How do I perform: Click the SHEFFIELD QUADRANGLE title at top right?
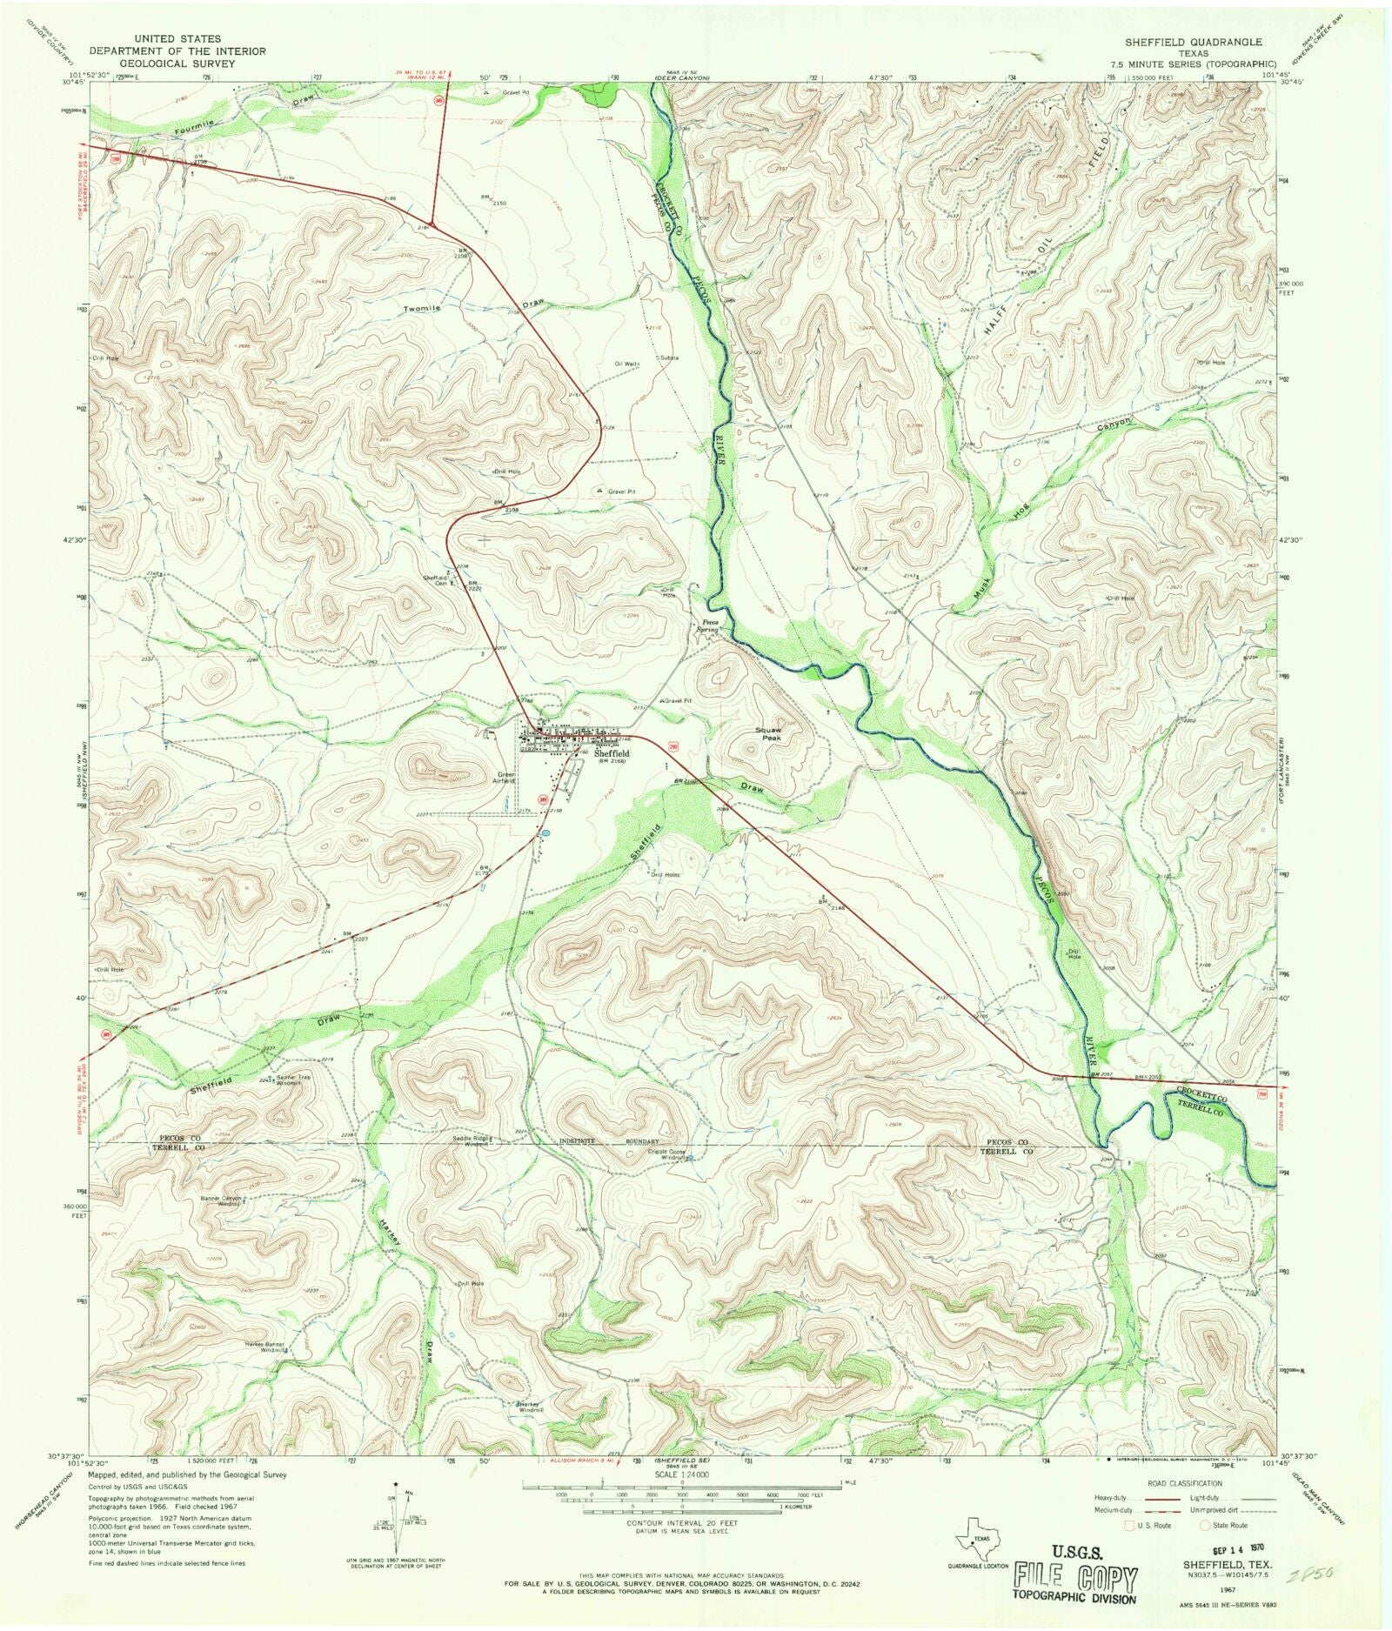tap(1193, 42)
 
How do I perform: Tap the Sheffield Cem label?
tap(436, 580)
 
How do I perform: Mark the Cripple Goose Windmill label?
tap(668, 1155)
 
